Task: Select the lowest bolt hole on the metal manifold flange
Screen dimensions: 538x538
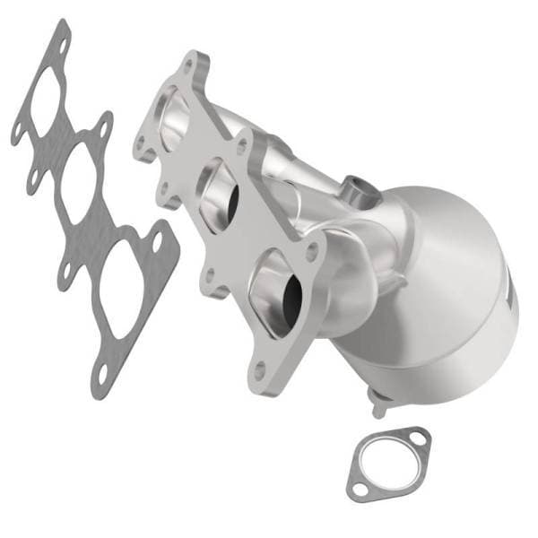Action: point(259,367)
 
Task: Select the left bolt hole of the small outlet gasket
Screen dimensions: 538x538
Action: point(360,488)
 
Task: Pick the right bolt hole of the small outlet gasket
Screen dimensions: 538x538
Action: point(418,440)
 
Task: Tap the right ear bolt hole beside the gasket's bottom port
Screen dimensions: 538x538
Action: point(160,240)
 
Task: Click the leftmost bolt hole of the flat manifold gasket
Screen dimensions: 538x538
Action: point(19,134)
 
